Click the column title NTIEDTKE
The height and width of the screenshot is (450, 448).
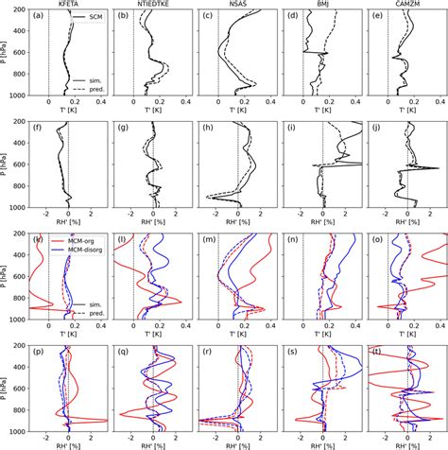click(154, 5)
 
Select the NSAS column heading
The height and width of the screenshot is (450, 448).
click(238, 5)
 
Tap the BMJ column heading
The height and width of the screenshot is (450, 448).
click(322, 5)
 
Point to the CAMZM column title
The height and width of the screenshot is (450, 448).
click(407, 5)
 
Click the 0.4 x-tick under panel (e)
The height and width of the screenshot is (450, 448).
click(439, 102)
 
